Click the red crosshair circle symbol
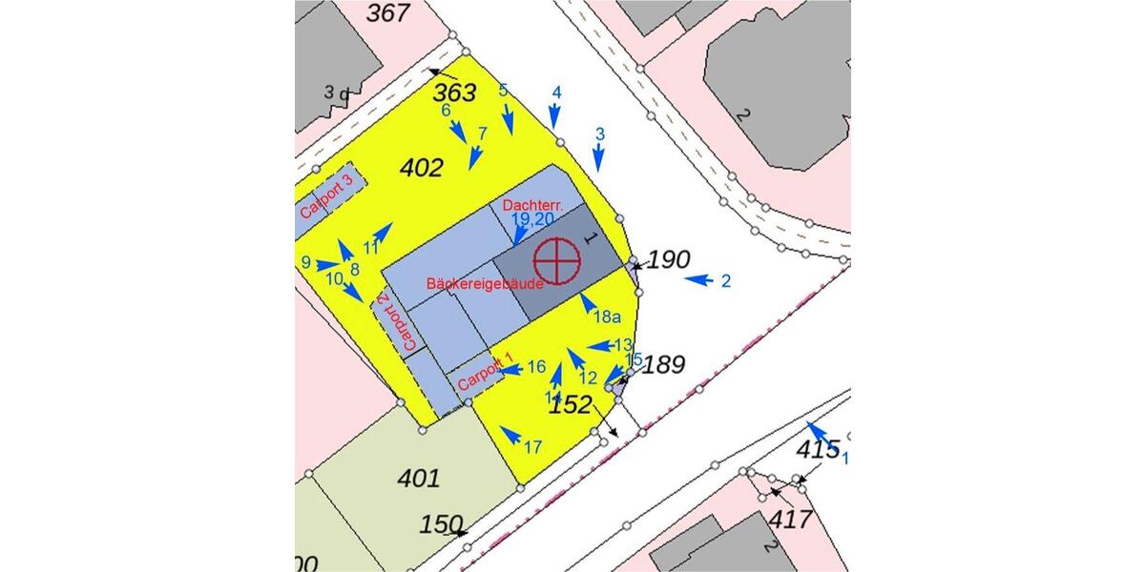tap(556, 261)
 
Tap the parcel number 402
tap(422, 169)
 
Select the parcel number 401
tap(419, 478)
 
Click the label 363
tap(454, 93)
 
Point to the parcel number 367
tap(388, 13)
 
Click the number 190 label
tap(669, 259)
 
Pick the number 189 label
tap(664, 364)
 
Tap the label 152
tap(571, 405)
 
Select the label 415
tap(818, 447)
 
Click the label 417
tap(791, 520)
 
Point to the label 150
tap(441, 524)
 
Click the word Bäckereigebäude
tap(486, 284)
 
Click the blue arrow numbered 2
tap(699, 280)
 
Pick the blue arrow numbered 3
tap(598, 157)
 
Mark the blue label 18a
tap(607, 317)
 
